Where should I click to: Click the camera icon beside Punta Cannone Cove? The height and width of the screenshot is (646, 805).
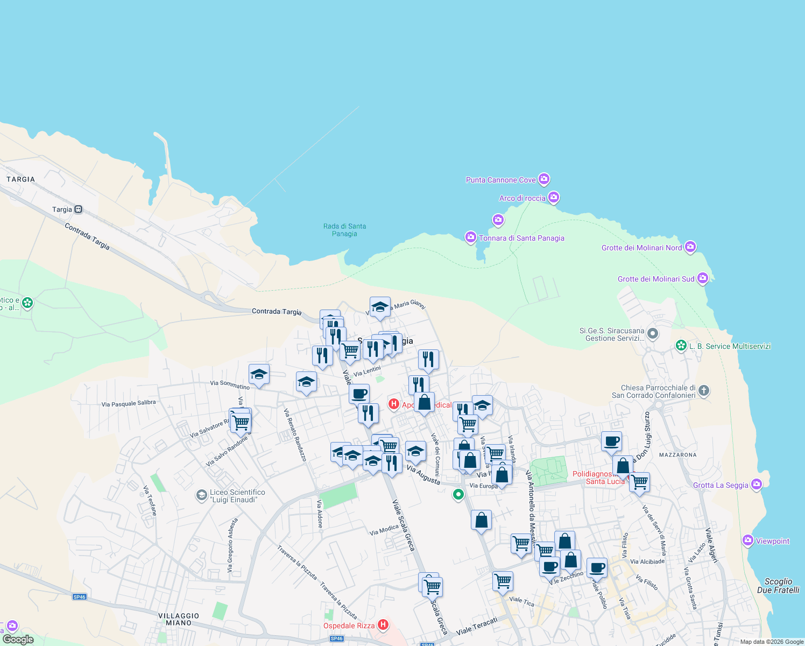(x=544, y=179)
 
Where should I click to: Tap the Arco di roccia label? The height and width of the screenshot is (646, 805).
(x=522, y=198)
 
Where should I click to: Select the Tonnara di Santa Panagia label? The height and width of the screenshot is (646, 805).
(x=521, y=238)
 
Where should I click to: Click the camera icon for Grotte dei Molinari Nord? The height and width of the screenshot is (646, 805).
(x=690, y=247)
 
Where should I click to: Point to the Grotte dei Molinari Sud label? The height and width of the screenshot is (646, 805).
(x=655, y=279)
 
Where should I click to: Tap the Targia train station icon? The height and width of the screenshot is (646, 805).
(x=79, y=209)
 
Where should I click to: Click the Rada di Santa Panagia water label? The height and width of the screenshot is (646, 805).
(x=344, y=230)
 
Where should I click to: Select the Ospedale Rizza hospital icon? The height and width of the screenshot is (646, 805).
(x=383, y=624)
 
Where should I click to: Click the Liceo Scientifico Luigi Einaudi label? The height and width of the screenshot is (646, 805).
(x=237, y=496)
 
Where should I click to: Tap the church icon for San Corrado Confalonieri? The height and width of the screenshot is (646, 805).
(x=704, y=391)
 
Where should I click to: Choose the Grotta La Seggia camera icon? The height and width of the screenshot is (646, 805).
(x=757, y=484)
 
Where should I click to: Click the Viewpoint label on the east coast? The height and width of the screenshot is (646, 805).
(x=772, y=541)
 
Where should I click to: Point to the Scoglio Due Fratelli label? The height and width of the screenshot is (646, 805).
(x=778, y=586)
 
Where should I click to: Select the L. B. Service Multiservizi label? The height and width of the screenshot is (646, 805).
(x=730, y=346)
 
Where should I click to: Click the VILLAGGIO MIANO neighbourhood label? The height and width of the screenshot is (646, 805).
(x=179, y=619)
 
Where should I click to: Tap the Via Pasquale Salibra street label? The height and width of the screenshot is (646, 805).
(x=129, y=403)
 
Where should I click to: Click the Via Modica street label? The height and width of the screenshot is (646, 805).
(x=384, y=530)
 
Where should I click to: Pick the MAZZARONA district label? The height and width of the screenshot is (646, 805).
(x=677, y=455)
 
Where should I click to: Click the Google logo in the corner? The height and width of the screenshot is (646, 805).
(x=18, y=639)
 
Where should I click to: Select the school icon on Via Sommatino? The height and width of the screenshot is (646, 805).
(x=259, y=375)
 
